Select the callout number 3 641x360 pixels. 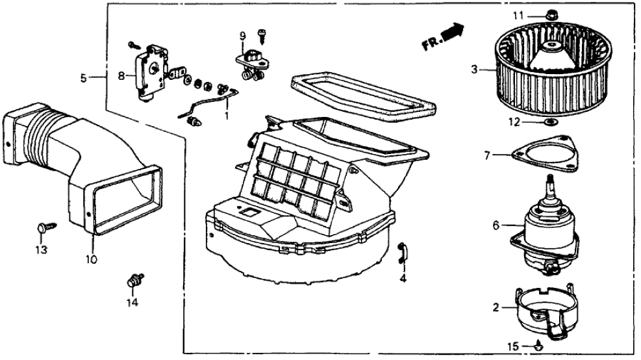tap(474, 68)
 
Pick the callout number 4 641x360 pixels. tap(403, 279)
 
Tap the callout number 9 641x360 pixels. tap(243, 34)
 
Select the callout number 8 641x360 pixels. tap(120, 75)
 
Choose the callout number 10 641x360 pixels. tap(91, 259)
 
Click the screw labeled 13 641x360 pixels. tap(44, 227)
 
